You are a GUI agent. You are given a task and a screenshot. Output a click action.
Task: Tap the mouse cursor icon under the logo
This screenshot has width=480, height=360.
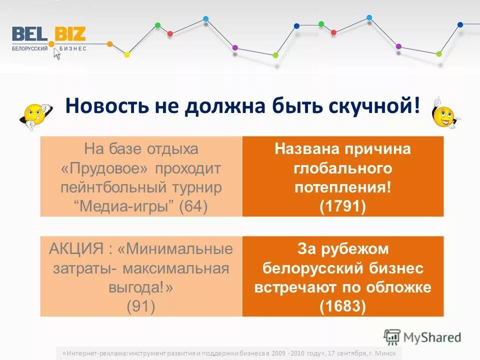tap(56, 54)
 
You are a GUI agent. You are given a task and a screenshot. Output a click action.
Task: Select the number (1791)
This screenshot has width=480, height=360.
tap(342, 206)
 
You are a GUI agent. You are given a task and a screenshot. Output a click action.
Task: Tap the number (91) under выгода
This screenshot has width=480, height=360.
tap(140, 305)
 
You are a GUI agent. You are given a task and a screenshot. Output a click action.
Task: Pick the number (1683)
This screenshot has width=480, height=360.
tap(342, 305)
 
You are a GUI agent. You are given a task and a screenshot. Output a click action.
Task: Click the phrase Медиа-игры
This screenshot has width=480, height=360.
tap(125, 205)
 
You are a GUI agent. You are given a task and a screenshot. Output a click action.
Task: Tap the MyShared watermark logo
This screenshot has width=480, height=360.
tap(422, 337)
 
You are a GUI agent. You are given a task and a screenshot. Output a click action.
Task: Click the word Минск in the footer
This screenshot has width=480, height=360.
tap(384, 353)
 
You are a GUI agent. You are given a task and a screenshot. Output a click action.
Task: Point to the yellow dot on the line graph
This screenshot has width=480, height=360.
tap(127, 54)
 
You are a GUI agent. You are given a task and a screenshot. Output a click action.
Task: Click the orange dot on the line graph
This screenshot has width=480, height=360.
tap(110, 44)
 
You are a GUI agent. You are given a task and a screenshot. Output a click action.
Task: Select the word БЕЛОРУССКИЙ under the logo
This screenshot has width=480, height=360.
tap(30, 48)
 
